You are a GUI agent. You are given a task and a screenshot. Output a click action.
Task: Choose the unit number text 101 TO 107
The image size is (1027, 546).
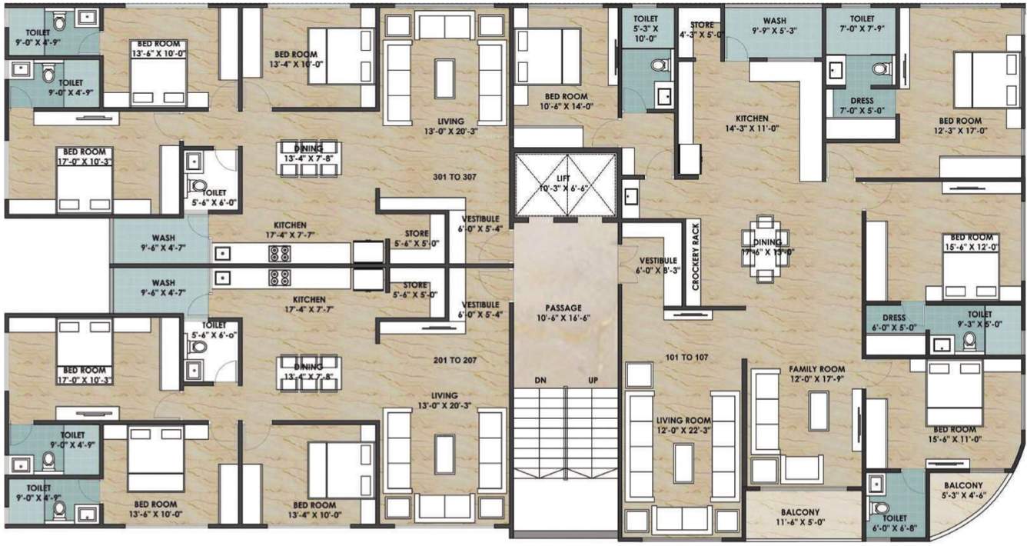point(685,357)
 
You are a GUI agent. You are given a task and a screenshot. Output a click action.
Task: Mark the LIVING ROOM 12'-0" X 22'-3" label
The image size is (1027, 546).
point(683,425)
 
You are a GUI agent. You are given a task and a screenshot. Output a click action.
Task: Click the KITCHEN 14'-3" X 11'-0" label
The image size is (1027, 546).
point(751,124)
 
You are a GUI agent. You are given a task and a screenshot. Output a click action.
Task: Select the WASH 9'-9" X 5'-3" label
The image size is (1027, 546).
point(774,27)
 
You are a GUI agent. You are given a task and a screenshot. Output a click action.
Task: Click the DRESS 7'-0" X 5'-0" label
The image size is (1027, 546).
point(862,105)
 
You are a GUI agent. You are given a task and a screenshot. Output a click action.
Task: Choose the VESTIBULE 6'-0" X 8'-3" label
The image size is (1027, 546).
point(656,265)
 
